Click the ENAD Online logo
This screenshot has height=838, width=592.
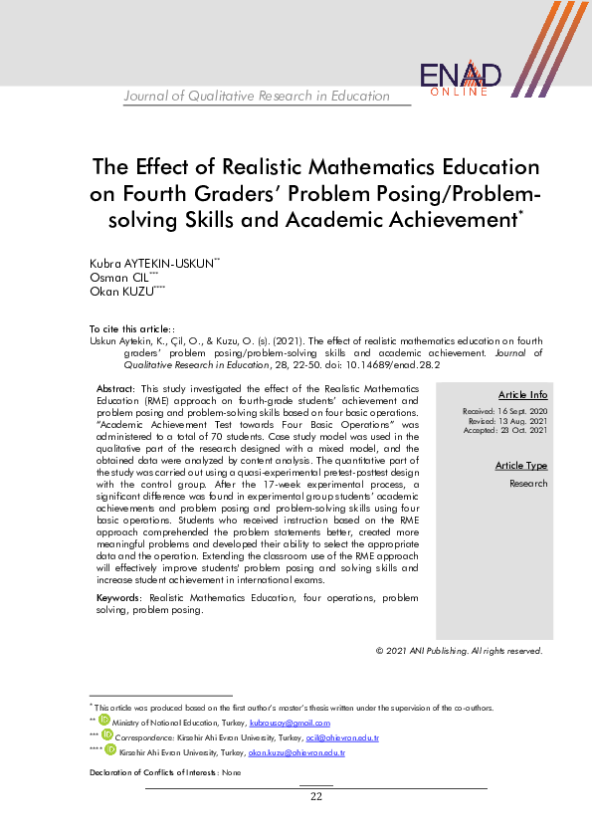click(x=460, y=79)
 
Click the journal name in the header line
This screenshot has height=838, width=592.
click(x=257, y=97)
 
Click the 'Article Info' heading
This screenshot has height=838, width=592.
click(x=522, y=395)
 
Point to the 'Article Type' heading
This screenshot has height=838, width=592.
click(x=521, y=466)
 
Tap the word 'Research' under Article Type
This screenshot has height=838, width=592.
click(x=528, y=484)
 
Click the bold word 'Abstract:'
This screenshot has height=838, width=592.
click(x=116, y=388)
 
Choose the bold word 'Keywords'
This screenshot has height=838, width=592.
click(x=118, y=598)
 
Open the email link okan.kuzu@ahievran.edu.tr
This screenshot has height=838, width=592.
click(x=296, y=753)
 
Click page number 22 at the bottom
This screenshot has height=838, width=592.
click(x=316, y=796)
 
